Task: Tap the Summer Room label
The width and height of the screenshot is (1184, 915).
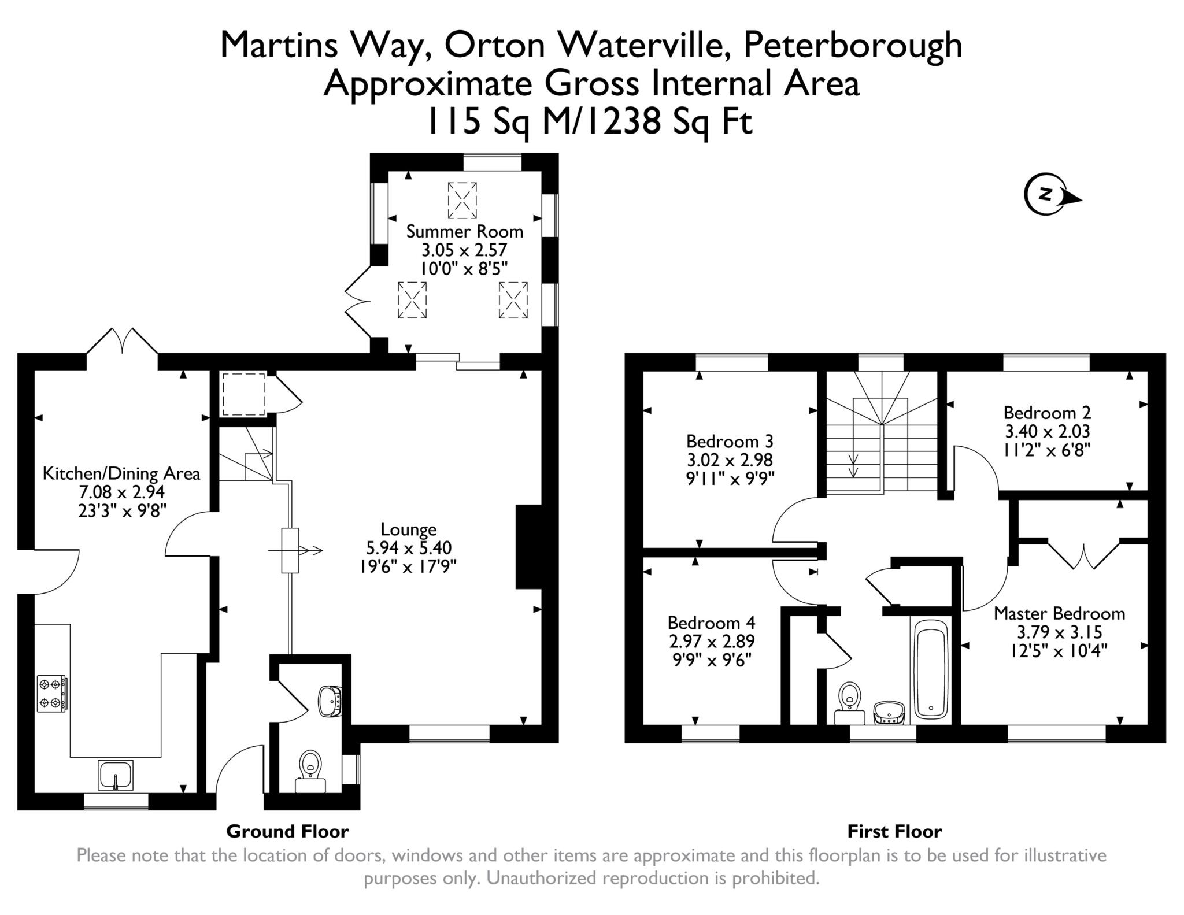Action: tap(464, 232)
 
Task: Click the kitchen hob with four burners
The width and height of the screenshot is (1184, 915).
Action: tap(51, 694)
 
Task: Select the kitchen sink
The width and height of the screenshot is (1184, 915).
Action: tap(116, 775)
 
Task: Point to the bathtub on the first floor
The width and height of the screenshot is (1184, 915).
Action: tap(930, 668)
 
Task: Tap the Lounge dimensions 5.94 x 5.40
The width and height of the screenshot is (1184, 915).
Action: tap(409, 547)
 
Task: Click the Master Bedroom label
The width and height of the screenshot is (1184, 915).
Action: tap(1059, 613)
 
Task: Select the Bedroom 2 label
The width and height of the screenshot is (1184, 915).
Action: tap(1047, 413)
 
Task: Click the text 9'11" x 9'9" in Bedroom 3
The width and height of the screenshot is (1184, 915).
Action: tap(730, 479)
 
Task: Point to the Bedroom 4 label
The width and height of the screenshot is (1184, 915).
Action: tap(711, 623)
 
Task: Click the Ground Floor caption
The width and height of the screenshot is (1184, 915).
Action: tap(287, 831)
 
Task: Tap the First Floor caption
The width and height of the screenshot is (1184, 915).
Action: tap(894, 831)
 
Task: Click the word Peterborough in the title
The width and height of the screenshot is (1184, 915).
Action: tap(852, 45)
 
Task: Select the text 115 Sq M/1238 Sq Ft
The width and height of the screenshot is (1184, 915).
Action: tap(589, 121)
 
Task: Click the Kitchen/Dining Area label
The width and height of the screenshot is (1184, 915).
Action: tap(121, 473)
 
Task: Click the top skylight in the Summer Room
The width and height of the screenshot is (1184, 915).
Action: tap(462, 200)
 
